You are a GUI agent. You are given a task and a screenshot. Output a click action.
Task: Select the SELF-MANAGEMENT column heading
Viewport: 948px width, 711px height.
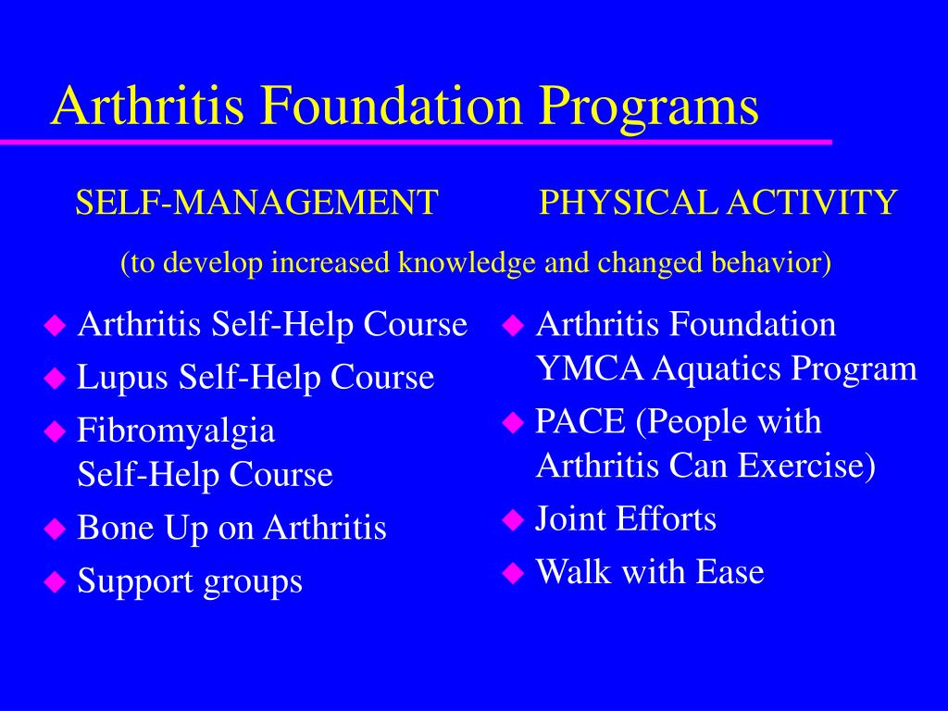tap(256, 202)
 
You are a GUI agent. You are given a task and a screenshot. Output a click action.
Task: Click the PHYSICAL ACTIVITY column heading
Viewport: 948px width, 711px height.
tap(718, 202)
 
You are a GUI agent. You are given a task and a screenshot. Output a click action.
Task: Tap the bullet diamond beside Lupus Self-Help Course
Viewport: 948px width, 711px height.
tap(56, 378)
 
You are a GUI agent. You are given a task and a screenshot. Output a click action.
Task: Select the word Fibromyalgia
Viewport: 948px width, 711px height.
tap(176, 431)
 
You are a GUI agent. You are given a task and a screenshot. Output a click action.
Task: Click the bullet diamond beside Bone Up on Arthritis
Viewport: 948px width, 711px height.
tap(56, 530)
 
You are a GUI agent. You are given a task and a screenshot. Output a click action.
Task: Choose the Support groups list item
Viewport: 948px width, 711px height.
tap(190, 582)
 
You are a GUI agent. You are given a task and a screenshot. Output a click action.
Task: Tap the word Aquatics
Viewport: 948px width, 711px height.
tap(717, 369)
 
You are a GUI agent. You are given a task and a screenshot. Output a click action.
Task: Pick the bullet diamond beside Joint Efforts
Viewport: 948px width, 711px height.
tap(513, 520)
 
